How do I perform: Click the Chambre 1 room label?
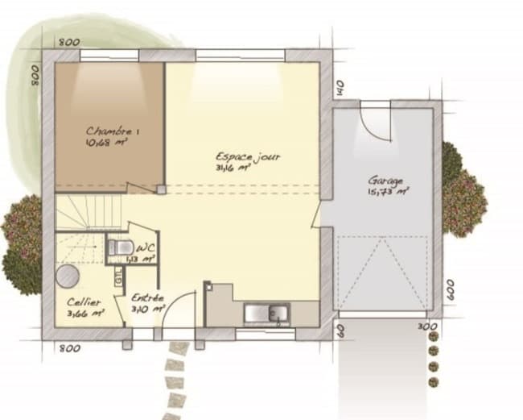[x=113, y=131]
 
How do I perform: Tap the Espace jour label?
[x=248, y=156]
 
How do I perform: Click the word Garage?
[x=385, y=181]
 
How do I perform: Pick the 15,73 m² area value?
[x=388, y=193]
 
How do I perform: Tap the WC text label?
[x=145, y=247]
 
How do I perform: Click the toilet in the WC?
[x=121, y=247]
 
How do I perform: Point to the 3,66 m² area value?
[x=85, y=313]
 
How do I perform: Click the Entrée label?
[x=149, y=297]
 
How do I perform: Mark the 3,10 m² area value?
[x=149, y=309]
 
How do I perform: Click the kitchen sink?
[x=268, y=312]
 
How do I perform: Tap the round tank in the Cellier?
[x=67, y=277]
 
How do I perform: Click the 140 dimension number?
[x=340, y=88]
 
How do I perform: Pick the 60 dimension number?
[x=340, y=328]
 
